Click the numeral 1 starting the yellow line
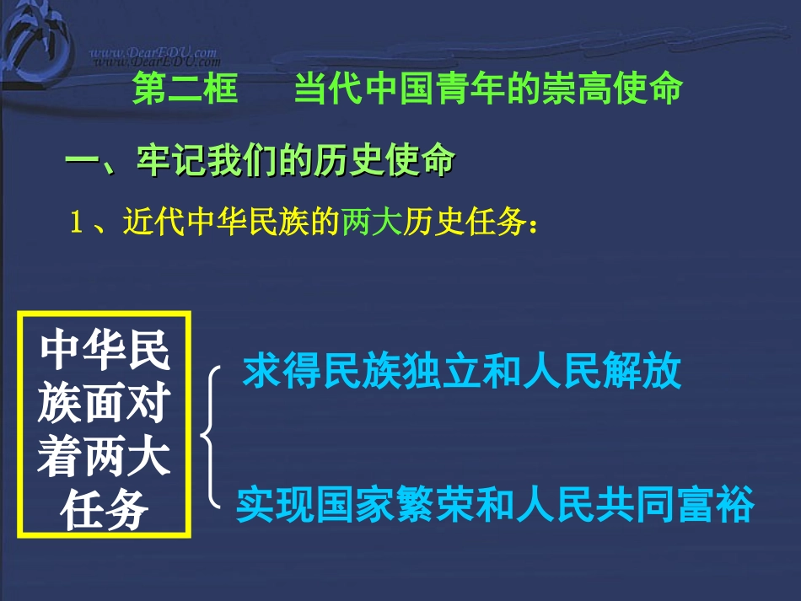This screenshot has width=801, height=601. coord(77,224)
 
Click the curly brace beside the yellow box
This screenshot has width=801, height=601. coord(210,438)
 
